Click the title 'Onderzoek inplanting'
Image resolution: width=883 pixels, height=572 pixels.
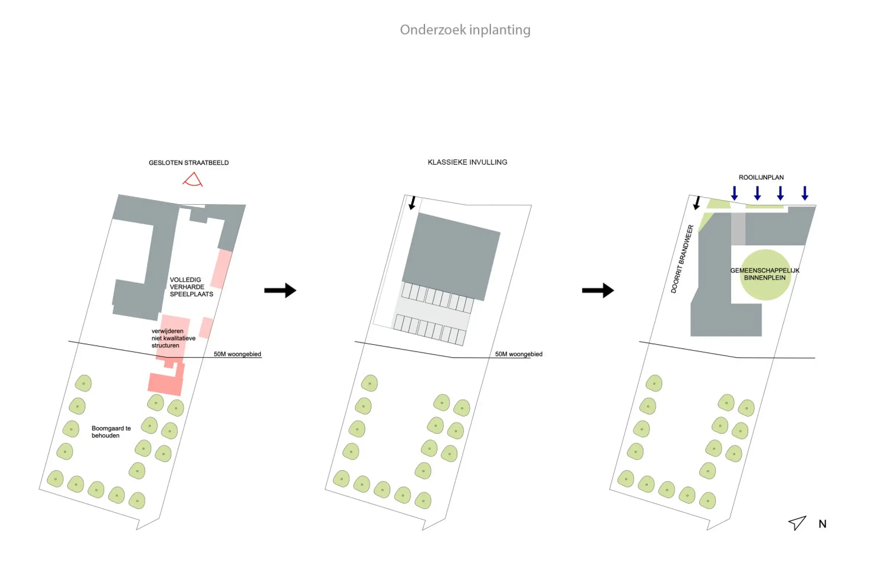click(465, 30)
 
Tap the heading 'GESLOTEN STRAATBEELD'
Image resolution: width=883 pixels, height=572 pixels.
click(188, 163)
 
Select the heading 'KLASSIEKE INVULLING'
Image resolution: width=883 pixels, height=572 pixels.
click(467, 162)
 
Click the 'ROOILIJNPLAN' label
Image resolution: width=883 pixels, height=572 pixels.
click(761, 177)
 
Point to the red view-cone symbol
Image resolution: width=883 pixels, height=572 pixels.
click(192, 180)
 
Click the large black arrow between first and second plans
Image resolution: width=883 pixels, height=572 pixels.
click(280, 290)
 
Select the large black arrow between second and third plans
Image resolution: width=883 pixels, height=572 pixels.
click(598, 290)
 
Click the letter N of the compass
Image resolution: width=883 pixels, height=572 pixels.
click(822, 524)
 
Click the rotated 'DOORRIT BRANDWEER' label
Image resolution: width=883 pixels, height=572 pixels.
click(682, 259)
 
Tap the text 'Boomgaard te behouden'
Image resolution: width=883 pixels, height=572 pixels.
click(111, 432)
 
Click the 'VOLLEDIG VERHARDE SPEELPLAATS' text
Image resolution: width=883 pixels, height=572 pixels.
click(191, 287)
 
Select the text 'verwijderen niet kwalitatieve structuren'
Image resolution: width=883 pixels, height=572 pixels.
click(173, 338)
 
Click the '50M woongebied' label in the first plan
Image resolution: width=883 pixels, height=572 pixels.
click(237, 354)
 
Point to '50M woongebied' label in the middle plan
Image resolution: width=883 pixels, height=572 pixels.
click(518, 354)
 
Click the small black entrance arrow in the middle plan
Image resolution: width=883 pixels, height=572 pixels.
click(412, 203)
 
